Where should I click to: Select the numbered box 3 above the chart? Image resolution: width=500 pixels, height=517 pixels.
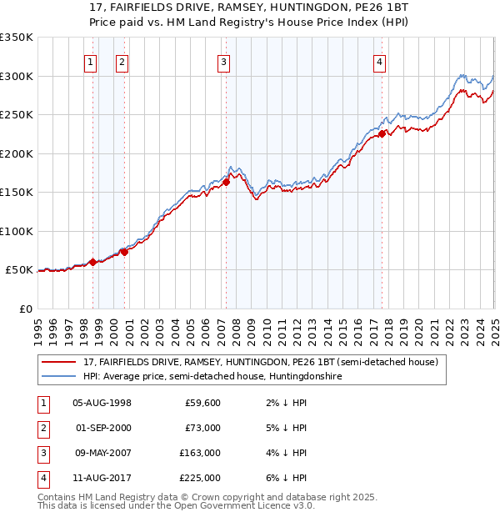(224, 61)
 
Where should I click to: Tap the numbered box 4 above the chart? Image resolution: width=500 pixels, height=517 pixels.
(379, 61)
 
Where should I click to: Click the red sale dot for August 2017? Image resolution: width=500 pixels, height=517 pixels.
(382, 133)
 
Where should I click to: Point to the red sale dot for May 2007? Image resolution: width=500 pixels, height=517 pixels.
(226, 182)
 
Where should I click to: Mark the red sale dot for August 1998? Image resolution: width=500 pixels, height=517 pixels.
(92, 262)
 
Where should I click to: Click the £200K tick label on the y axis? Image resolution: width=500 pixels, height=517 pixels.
(17, 153)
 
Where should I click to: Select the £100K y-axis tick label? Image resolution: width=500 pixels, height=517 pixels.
(17, 231)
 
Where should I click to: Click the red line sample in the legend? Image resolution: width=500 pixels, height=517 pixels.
(58, 362)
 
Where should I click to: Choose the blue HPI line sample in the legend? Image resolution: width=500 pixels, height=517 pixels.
(58, 377)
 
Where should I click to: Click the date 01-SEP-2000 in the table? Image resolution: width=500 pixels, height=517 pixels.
(102, 428)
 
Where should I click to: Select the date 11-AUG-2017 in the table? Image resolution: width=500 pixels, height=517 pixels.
(102, 478)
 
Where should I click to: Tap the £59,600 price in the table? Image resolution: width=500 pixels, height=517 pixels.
(201, 403)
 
